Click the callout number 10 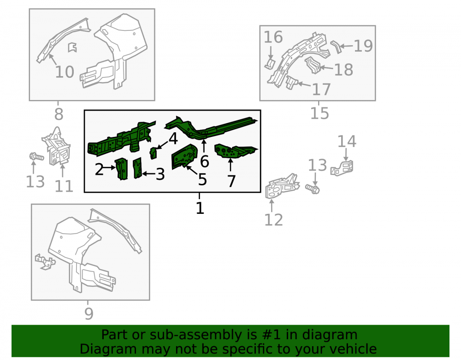pyautogui.click(x=65, y=72)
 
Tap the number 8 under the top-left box pyautogui.click(x=59, y=114)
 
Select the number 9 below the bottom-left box pyautogui.click(x=89, y=314)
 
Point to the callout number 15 pyautogui.click(x=319, y=113)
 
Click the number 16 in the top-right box pyautogui.click(x=273, y=37)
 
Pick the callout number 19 pyautogui.click(x=363, y=46)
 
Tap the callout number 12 pyautogui.click(x=273, y=220)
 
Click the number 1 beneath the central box pyautogui.click(x=200, y=208)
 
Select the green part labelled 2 pyautogui.click(x=121, y=169)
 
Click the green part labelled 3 pyautogui.click(x=137, y=168)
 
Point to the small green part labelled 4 pyautogui.click(x=154, y=153)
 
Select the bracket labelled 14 pyautogui.click(x=342, y=168)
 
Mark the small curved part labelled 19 pyautogui.click(x=336, y=47)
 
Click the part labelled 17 pyautogui.click(x=291, y=82)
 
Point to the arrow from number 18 pyautogui.click(x=326, y=68)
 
